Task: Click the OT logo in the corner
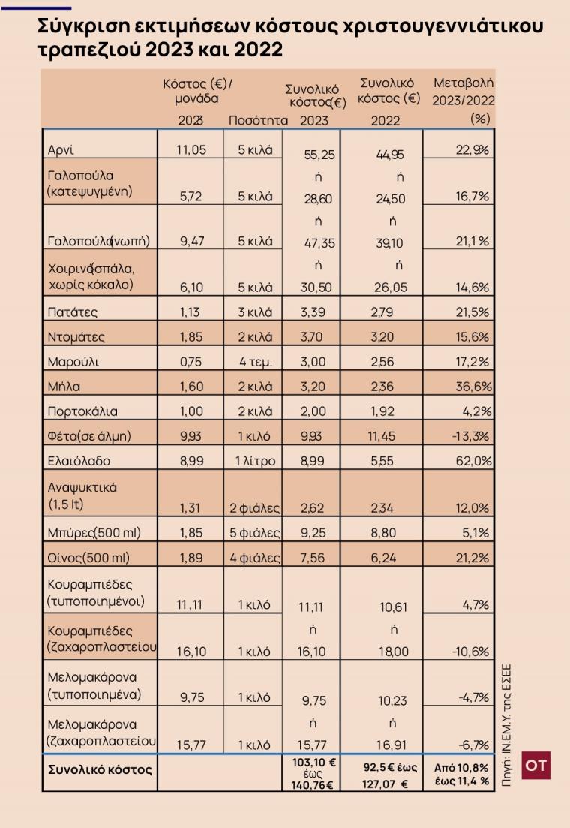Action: pos(535,765)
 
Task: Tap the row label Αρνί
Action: pos(61,150)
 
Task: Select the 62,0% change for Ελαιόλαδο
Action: pos(473,461)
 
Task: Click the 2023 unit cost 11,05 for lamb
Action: pos(191,150)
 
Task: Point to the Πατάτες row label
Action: pos(72,312)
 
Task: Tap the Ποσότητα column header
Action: pos(258,120)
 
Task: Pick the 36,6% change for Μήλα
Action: pos(473,387)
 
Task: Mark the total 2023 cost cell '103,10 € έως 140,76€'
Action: pos(313,774)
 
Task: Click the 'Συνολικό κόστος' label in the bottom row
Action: pos(100,770)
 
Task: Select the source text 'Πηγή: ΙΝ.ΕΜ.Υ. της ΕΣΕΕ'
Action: pos(506,726)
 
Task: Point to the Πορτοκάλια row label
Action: pos(82,411)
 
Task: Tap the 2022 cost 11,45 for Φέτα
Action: pos(382,436)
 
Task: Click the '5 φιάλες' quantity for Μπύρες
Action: pos(254,533)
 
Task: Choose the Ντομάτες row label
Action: pos(76,337)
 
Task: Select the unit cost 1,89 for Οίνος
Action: pos(191,558)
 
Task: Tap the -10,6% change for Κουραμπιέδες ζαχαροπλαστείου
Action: pos(470,652)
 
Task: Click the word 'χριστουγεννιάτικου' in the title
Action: pos(442,26)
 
